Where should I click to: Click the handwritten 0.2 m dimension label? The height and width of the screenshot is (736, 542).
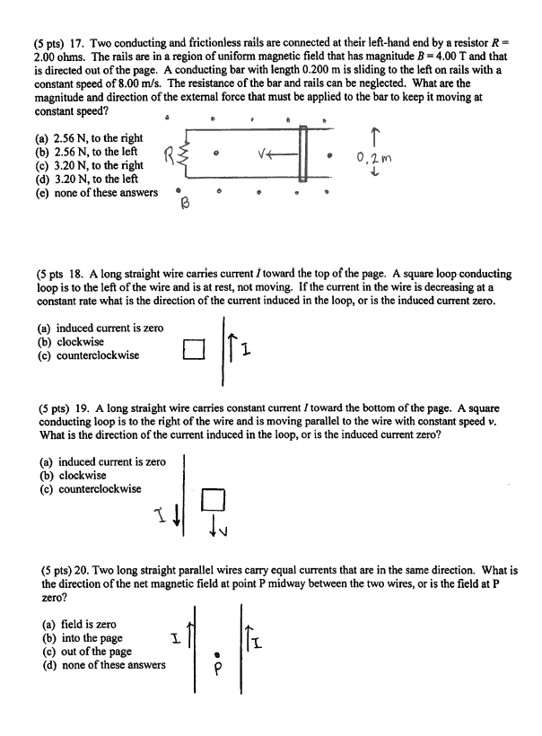(371, 157)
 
